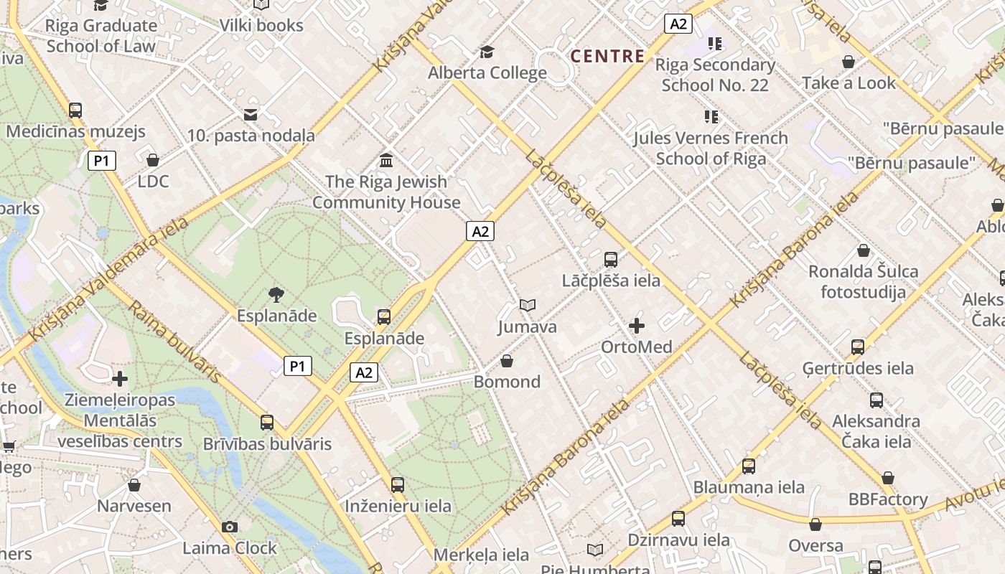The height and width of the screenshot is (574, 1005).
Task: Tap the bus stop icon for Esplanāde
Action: coord(384,316)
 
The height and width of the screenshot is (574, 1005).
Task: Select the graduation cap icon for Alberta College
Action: coord(487,52)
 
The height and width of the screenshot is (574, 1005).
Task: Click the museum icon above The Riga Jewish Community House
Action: coord(386,159)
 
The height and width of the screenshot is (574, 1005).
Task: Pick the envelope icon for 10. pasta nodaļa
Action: coord(251,114)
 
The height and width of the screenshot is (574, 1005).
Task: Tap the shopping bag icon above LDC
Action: coord(153,159)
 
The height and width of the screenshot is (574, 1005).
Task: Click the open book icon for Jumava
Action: coord(528,306)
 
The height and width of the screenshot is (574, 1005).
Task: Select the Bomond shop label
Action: coord(507,382)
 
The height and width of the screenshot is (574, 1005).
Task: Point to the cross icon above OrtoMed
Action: coord(637,326)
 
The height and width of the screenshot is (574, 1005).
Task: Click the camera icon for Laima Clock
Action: coord(230,527)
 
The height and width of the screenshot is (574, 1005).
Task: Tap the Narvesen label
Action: coord(134,506)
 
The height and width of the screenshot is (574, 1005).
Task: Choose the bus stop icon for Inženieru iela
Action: coord(398,484)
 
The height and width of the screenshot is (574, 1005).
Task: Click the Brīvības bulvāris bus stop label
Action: coord(267,443)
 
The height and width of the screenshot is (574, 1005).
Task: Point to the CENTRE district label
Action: coord(607,56)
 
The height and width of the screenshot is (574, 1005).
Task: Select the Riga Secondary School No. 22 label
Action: coord(715,75)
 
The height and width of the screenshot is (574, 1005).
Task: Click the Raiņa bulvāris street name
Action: coord(174,341)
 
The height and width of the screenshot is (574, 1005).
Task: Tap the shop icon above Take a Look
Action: coord(849,62)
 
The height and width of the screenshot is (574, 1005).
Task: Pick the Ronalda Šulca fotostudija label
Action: coord(863,281)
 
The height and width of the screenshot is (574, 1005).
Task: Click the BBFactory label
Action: coord(887,499)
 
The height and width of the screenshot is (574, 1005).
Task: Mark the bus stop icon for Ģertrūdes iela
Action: coord(858,347)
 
